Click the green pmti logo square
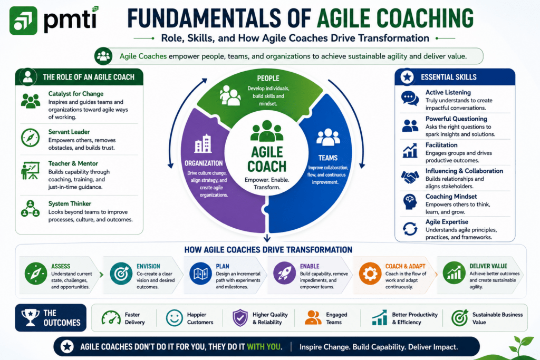pyautogui.click(x=23, y=21)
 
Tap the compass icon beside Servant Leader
pyautogui.click(x=30, y=138)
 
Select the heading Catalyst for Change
pyautogui.click(x=76, y=94)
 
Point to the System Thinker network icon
pyautogui.click(x=30, y=209)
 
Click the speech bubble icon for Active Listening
pyautogui.click(x=410, y=99)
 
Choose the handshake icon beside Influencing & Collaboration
pyautogui.click(x=410, y=177)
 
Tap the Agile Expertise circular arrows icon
pyautogui.click(x=410, y=229)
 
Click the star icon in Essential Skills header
pyautogui.click(x=407, y=77)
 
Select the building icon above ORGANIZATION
pyautogui.click(x=203, y=143)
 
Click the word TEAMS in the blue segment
pyautogui.click(x=328, y=158)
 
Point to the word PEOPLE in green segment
pyautogui.click(x=268, y=79)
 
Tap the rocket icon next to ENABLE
pyautogui.click(x=284, y=273)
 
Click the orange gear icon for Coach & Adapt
pyautogui.click(x=370, y=274)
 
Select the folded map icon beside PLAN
pyautogui.click(x=201, y=273)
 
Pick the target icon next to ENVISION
pyautogui.click(x=121, y=273)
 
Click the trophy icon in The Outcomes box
pyautogui.click(x=30, y=317)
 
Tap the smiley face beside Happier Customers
pyautogui.click(x=174, y=318)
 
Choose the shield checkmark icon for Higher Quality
pyautogui.click(x=240, y=318)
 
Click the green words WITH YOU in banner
pyautogui.click(x=264, y=347)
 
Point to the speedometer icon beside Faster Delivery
pyautogui.click(x=111, y=318)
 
